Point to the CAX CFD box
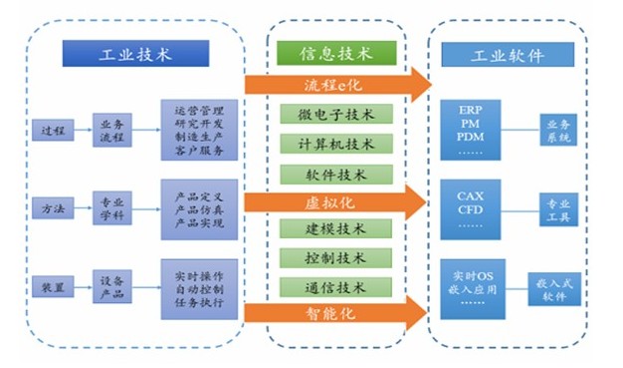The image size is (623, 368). coord(472,209)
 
